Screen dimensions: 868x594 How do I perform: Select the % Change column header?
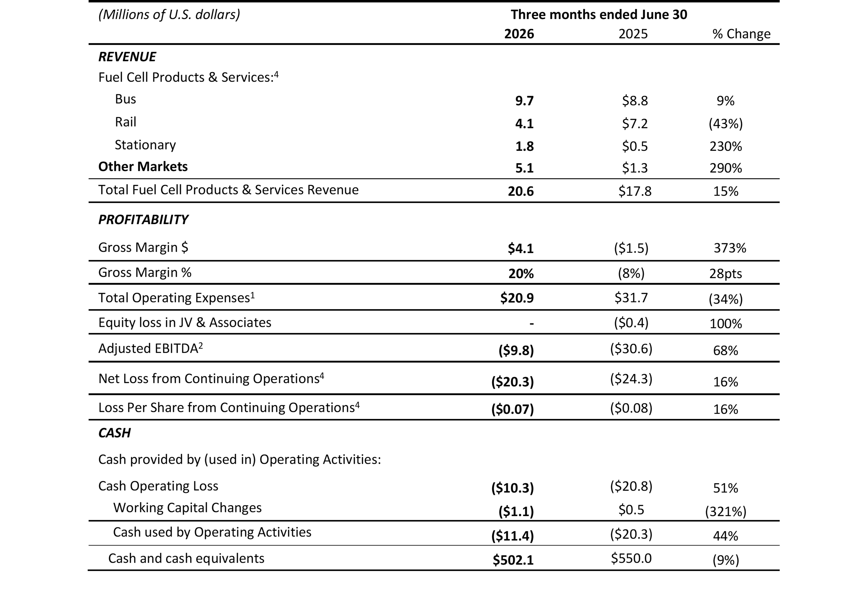[741, 34]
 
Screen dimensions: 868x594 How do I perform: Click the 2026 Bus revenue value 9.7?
[524, 101]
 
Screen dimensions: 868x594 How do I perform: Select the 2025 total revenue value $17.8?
[635, 191]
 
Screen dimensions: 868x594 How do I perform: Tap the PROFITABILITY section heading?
[143, 219]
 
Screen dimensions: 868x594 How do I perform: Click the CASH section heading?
[114, 433]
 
